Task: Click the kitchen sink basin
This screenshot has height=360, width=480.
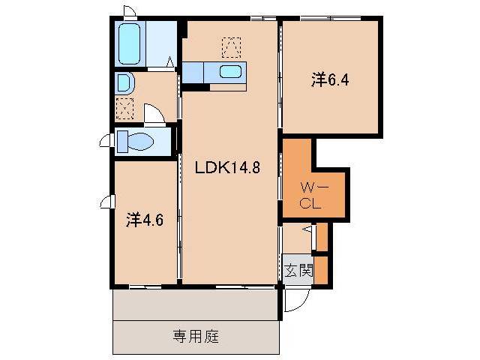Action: coord(230,73)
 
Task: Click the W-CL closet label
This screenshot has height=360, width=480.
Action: coord(311,193)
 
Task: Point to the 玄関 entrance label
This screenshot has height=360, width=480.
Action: coord(298,271)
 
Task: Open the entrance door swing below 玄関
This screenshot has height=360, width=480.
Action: coord(295,300)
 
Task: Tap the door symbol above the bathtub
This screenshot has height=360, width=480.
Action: coord(130,12)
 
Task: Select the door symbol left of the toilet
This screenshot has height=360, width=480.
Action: coord(105,139)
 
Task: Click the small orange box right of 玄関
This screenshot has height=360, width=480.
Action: coord(321,271)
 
